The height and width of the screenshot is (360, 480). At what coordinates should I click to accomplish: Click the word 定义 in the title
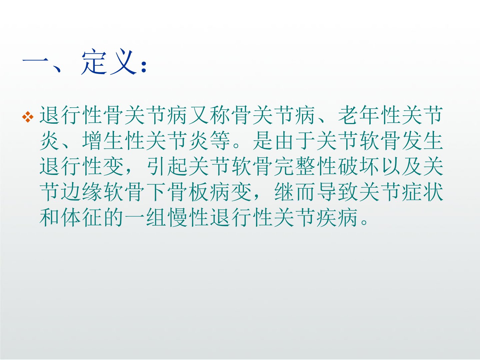click(108, 62)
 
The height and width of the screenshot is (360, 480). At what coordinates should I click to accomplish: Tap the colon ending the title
click(144, 67)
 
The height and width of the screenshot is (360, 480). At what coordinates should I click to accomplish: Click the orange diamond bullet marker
click(28, 117)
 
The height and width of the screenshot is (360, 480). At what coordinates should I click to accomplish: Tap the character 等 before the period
click(220, 141)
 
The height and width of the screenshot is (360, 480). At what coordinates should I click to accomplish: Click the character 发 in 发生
click(412, 141)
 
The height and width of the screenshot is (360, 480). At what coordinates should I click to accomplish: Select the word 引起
click(167, 167)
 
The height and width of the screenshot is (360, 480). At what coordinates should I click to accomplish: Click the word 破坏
click(359, 167)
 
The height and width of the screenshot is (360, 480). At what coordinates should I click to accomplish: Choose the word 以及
click(402, 167)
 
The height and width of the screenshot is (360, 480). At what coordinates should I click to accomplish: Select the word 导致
click(338, 192)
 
